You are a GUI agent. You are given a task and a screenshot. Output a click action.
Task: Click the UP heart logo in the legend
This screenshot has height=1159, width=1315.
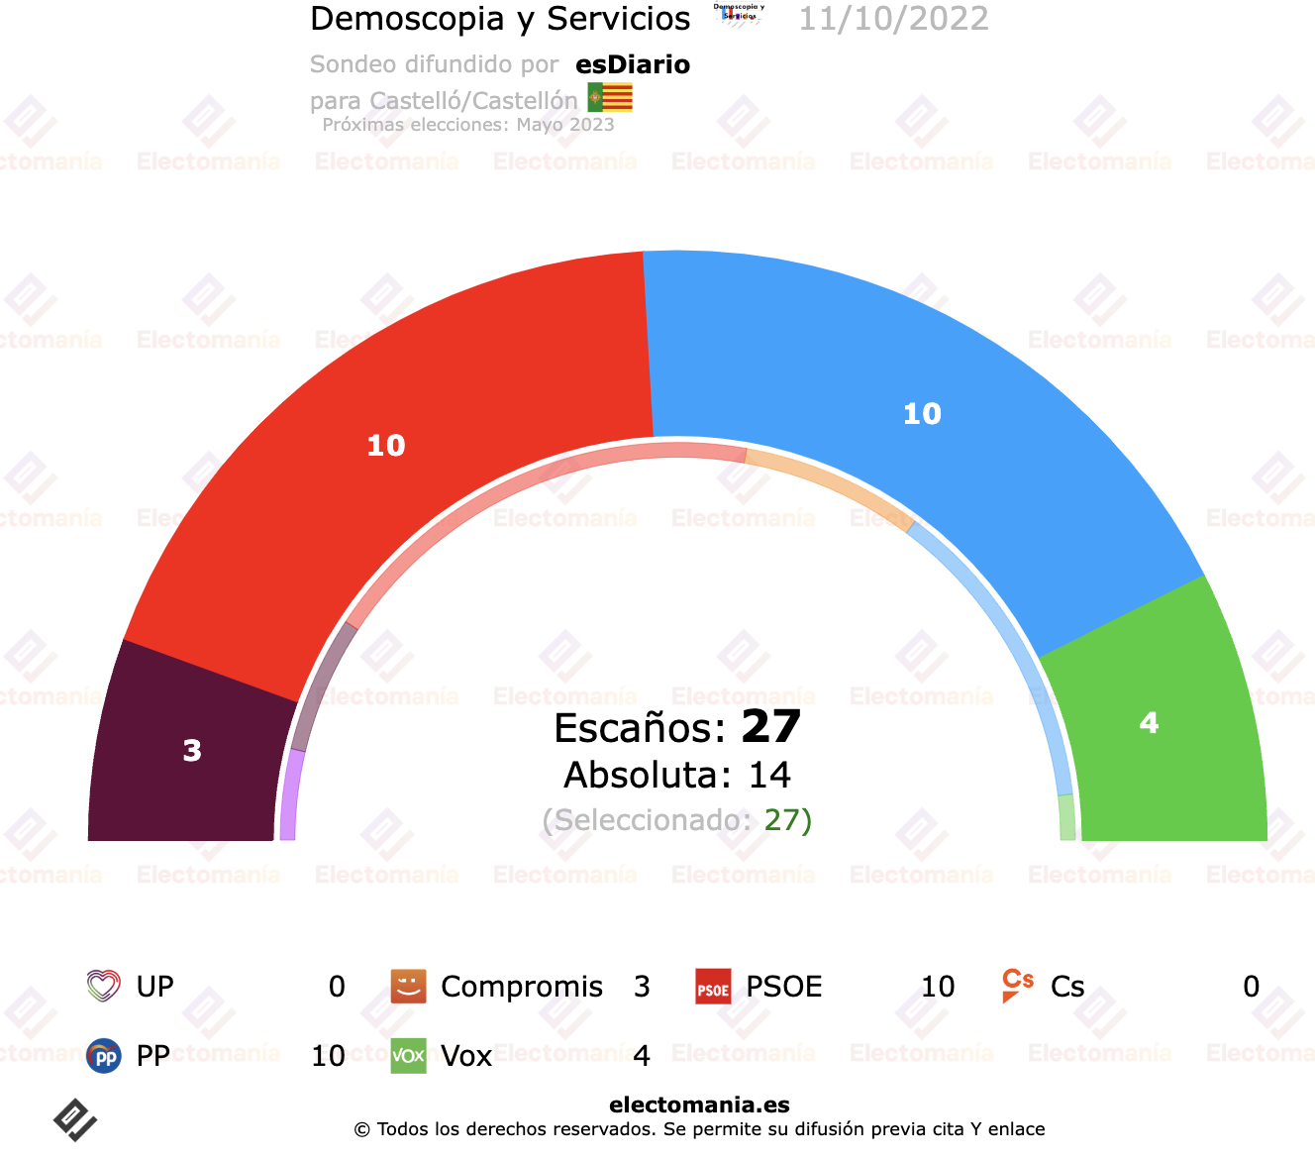[103, 986]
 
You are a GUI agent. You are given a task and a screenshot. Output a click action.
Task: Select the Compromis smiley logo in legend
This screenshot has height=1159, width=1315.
[408, 986]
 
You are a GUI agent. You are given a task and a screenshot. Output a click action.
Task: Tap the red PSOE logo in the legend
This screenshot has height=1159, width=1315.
[713, 987]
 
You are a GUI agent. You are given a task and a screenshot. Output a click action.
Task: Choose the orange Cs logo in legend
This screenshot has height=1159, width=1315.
[1017, 985]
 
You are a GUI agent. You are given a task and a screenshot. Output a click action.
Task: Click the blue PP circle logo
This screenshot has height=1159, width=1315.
[103, 1056]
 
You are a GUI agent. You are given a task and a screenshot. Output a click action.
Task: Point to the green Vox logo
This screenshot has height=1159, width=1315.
[408, 1056]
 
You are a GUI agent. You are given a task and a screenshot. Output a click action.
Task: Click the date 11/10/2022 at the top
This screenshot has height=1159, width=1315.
[893, 19]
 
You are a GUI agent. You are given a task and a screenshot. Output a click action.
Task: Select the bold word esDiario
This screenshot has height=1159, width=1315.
[633, 64]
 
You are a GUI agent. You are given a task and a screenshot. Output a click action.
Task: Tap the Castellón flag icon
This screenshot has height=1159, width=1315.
[610, 97]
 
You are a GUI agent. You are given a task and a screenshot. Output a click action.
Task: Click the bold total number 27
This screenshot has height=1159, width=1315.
[770, 727]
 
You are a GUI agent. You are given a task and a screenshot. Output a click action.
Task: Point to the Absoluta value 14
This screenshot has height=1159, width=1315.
[769, 775]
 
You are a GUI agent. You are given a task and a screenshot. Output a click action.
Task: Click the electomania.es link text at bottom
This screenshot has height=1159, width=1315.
[699, 1105]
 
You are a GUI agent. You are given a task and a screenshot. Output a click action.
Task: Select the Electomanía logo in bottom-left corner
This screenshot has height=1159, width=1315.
[74, 1119]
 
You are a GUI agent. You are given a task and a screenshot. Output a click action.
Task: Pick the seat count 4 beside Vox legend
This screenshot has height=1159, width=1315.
[642, 1056]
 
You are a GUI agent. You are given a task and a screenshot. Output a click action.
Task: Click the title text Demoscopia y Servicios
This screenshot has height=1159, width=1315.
[500, 19]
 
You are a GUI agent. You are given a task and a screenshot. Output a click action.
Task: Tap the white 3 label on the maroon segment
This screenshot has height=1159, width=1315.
[192, 751]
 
